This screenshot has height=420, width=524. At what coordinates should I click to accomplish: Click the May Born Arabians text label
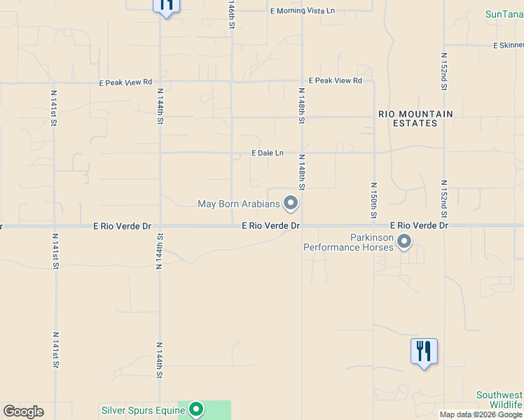coord(239,204)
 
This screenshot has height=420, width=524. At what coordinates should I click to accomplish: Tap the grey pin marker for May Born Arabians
coord(291,204)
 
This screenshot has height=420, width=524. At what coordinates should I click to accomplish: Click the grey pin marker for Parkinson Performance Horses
coord(404,242)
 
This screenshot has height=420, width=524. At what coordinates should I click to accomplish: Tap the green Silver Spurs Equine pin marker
coord(196,409)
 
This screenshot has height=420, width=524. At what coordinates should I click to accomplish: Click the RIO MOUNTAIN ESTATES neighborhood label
coord(415,118)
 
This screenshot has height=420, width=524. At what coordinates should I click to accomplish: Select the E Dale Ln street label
coord(268,153)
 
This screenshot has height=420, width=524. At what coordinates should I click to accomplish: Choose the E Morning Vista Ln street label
coord(303,10)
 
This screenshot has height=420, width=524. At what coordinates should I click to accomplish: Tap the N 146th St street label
coord(230,14)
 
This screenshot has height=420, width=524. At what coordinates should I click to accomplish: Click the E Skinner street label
coord(508,45)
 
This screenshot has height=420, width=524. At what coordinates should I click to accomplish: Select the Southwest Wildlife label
coord(499,400)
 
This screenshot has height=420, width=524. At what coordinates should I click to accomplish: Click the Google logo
coord(23,412)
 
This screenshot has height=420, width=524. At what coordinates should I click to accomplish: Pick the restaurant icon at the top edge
coord(166,5)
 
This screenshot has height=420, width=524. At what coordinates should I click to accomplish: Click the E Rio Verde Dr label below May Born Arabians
coord(271,226)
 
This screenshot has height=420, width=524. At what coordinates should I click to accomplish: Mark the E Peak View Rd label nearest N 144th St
coord(125,82)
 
